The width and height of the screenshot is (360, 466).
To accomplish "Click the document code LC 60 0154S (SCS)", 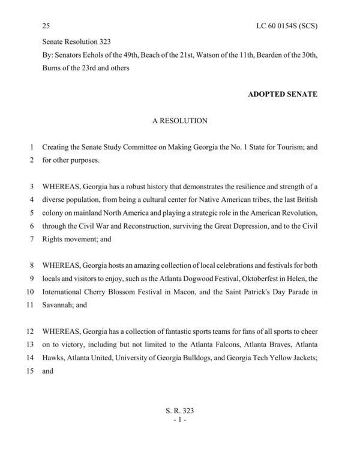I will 287,26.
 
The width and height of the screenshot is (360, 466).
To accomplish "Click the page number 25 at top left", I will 46,26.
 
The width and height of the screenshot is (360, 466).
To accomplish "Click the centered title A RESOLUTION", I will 179,121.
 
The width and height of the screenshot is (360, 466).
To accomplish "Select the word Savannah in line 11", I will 58,305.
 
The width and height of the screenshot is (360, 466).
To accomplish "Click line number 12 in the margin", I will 29,331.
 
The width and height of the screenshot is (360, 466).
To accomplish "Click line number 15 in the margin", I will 29,371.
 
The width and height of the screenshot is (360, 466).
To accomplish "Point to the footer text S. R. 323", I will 179,410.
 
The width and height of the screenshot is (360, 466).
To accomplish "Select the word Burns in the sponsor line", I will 52,68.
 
